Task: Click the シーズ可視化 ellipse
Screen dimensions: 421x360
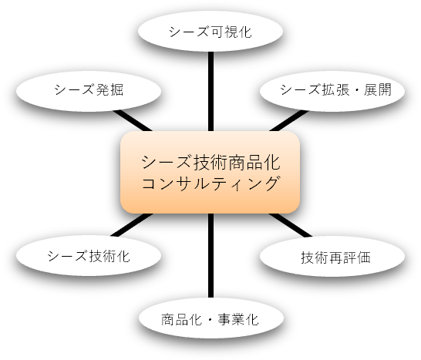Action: coord(210,31)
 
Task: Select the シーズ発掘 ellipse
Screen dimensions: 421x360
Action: coord(89,91)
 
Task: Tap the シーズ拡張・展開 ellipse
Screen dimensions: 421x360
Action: coord(332,91)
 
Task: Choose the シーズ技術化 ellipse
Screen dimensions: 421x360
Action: coord(89,255)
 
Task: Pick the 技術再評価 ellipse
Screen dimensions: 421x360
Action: coord(332,256)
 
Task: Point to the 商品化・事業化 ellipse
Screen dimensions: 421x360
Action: coord(211,318)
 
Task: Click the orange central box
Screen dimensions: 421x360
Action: coord(210,173)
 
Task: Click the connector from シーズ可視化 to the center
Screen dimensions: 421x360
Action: coord(210,91)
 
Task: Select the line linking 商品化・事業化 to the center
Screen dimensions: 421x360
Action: coord(210,256)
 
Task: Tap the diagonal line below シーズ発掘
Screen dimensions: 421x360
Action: coord(133,121)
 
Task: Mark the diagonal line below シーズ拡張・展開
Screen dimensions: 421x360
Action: coord(289,121)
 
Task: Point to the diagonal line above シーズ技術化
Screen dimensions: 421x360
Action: coord(132,225)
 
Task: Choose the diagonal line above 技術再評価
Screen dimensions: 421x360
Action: coord(291,226)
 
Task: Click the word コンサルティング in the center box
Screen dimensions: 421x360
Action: coord(210,183)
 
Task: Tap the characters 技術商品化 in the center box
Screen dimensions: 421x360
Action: coord(237,163)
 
